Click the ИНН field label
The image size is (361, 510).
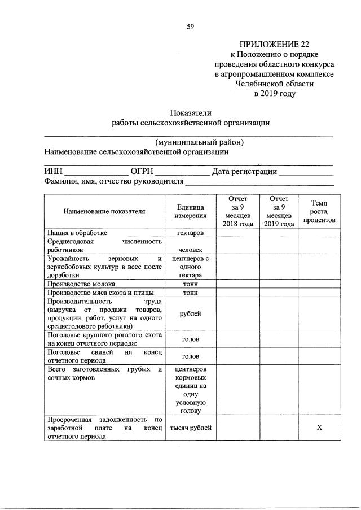pyautogui.click(x=53, y=172)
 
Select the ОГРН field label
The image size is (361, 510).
pyautogui.click(x=141, y=172)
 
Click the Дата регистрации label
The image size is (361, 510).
pyautogui.click(x=244, y=172)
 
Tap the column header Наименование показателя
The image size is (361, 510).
pyautogui.click(x=104, y=211)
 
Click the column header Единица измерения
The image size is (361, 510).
pyautogui.click(x=190, y=211)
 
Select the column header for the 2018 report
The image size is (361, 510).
pyautogui.click(x=237, y=211)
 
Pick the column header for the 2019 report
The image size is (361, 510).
pyautogui.click(x=279, y=211)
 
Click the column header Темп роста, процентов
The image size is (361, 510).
pyautogui.click(x=319, y=211)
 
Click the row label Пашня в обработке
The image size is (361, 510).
pyautogui.click(x=77, y=232)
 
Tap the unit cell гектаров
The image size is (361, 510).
pyautogui.click(x=190, y=232)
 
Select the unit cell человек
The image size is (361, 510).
pyautogui.click(x=190, y=249)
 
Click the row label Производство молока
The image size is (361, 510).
pyautogui.click(x=82, y=284)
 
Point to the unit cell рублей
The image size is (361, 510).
pyautogui.click(x=190, y=314)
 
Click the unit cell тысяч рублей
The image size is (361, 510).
pyautogui.click(x=190, y=428)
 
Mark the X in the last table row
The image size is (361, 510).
pyautogui.click(x=319, y=428)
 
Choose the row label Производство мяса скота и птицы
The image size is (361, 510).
pyautogui.click(x=101, y=293)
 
